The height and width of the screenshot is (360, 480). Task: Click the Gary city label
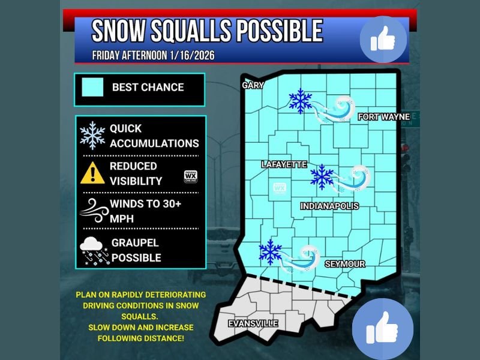point(253,85)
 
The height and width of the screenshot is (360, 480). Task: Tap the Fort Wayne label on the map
point(383,116)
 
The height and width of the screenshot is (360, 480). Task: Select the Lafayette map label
point(284,164)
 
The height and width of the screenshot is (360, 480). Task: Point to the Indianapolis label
point(329,206)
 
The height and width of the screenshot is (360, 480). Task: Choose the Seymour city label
point(344,264)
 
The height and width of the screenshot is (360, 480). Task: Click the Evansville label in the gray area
point(253,323)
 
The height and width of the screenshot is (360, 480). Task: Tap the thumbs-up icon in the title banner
point(383,39)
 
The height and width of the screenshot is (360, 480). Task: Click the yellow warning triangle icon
point(92,173)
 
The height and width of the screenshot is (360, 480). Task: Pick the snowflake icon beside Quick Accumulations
point(92,136)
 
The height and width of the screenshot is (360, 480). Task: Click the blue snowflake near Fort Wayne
point(300,101)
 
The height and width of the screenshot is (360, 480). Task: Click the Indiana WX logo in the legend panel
point(190,176)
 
